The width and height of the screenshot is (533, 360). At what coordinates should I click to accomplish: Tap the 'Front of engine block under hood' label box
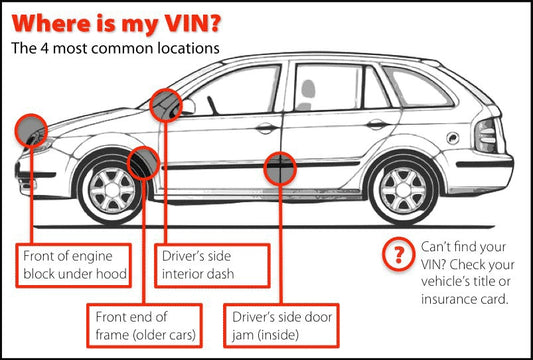tap(74, 265)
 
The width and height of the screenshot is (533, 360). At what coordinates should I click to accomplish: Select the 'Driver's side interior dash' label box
tap(212, 265)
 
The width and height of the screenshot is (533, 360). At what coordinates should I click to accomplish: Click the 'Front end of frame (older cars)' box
tap(145, 326)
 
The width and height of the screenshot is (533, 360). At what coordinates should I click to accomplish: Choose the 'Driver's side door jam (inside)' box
tap(281, 326)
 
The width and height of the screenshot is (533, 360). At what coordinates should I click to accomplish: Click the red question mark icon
tap(399, 254)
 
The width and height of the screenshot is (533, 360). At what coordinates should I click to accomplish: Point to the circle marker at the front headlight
tap(31, 131)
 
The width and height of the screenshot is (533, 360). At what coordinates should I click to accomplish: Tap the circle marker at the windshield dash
tap(166, 105)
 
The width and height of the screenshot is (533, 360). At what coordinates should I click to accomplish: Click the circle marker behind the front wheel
tap(143, 163)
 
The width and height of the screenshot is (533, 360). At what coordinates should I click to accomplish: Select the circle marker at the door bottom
tap(280, 169)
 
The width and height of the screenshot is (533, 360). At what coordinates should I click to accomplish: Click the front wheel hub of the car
tap(111, 190)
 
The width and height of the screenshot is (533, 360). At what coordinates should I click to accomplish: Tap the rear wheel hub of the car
tap(403, 190)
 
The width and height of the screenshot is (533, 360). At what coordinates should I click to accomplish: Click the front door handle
tap(267, 127)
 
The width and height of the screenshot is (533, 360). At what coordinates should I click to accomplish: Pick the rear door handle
tap(377, 124)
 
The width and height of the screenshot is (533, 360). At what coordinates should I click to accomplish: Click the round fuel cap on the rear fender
tap(453, 138)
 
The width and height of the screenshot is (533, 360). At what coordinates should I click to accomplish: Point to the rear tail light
tap(486, 135)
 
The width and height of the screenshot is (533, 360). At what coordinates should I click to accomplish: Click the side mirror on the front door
tap(187, 106)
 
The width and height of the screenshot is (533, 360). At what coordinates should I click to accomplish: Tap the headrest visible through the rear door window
tap(308, 88)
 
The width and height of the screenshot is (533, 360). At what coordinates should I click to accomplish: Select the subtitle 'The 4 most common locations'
tap(115, 48)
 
